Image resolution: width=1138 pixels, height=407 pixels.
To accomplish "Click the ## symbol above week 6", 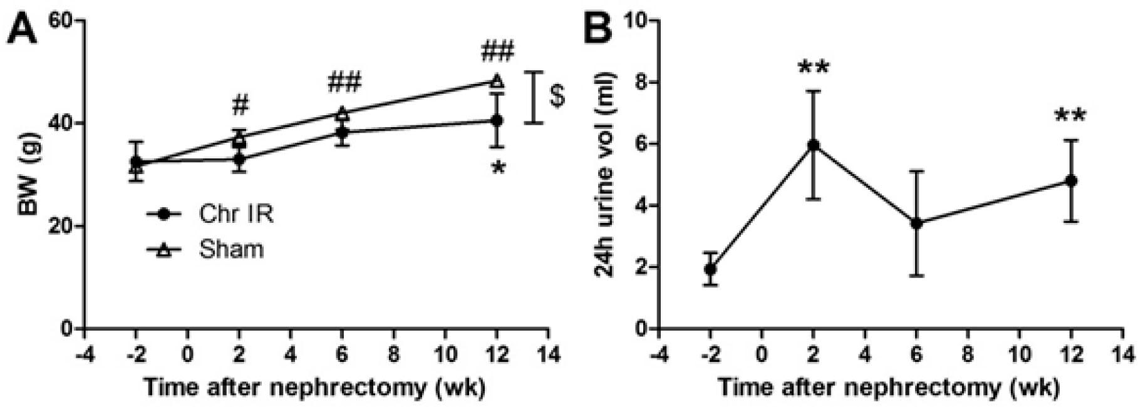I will click(x=343, y=81).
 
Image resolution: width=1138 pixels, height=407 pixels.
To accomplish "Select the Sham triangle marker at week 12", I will click(x=497, y=81).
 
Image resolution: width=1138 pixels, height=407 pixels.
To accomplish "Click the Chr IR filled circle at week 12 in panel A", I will click(x=497, y=120).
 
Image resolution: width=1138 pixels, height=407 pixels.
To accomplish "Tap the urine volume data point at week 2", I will click(x=814, y=145).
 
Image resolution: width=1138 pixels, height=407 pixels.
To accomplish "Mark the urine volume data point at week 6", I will click(x=916, y=222).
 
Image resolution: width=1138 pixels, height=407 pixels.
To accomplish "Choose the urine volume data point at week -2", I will click(x=710, y=269).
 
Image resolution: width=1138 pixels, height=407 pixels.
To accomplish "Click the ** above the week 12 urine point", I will click(x=1070, y=116).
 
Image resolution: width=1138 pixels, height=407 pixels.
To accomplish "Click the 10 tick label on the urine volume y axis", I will click(x=634, y=21).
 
